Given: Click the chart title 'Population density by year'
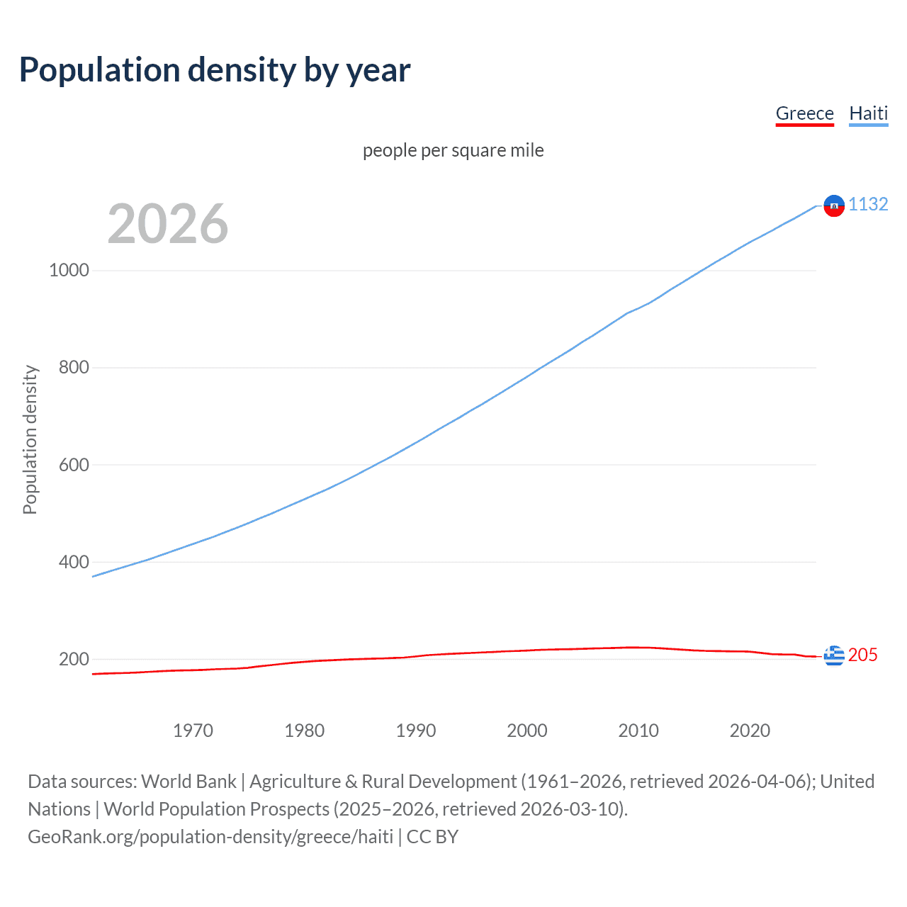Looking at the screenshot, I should pos(215,70).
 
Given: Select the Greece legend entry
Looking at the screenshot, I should pos(804,113).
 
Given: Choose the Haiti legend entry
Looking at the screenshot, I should pos(868,113).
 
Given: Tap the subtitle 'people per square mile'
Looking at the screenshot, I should pos(453,150).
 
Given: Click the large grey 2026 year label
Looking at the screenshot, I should pos(168,224).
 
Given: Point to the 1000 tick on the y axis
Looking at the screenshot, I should pos(69,270).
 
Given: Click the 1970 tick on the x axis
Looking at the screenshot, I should pos(193,731).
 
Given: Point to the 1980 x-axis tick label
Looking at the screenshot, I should pos(304,731).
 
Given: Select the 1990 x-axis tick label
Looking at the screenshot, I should pos(416,731).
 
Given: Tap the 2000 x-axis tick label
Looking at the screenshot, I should pos(527,731).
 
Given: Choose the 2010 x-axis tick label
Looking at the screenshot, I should pos(638,731).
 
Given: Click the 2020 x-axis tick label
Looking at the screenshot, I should pos(750,731).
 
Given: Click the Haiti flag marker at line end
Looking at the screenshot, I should pos(834,205).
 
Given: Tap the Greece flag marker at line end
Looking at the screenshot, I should pos(834,655).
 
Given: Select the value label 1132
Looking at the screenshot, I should pos(868,204).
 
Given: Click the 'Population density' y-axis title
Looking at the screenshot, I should pos(30,439).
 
